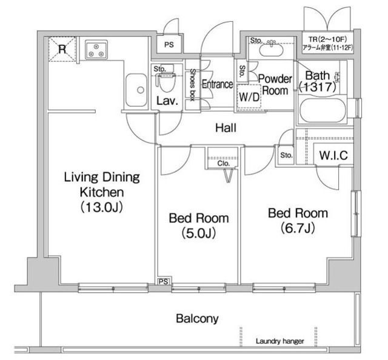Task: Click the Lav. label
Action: click(x=167, y=101)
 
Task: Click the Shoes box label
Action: click(x=192, y=85)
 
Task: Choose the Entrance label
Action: click(x=217, y=84)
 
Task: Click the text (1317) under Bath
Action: click(x=316, y=87)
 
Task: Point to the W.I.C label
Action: click(x=333, y=156)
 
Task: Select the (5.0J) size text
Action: click(x=199, y=232)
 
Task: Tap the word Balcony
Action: click(x=197, y=318)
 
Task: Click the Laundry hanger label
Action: click(x=279, y=342)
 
